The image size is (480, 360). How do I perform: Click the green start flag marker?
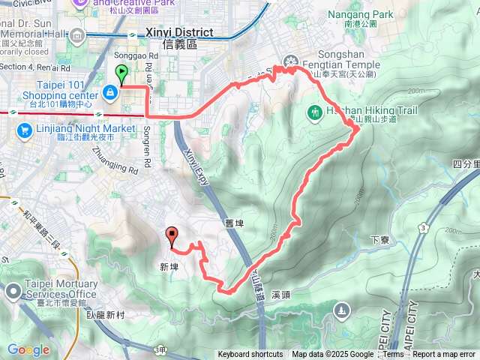[121, 73]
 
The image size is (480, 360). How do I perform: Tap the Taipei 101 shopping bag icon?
[110, 92]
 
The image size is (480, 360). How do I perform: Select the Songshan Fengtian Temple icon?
[290, 61]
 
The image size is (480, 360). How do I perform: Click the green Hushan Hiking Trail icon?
[315, 112]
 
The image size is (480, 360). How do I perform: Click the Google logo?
[28, 349]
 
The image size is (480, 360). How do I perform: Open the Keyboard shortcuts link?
[250, 355]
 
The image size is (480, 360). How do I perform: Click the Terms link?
[393, 355]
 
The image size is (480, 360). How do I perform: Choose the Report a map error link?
[444, 355]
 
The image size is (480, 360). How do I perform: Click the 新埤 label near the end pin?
[169, 266]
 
